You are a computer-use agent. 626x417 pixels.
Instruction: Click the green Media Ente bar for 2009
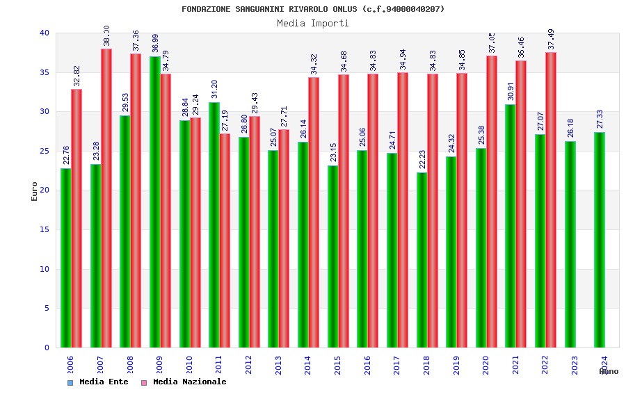pyautogui.click(x=154, y=202)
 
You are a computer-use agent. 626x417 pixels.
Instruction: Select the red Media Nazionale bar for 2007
pyautogui.click(x=106, y=198)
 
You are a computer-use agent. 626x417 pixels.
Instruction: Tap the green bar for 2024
pyautogui.click(x=600, y=240)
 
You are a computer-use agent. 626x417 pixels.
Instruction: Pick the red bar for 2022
pyautogui.click(x=551, y=200)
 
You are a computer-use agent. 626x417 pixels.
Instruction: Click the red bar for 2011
pyautogui.click(x=225, y=240)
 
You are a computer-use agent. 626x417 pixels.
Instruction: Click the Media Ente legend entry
pyautogui.click(x=98, y=382)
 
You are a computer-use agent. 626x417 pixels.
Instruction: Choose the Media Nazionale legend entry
pyautogui.click(x=184, y=382)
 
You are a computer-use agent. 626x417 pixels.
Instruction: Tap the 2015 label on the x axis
pyautogui.click(x=338, y=366)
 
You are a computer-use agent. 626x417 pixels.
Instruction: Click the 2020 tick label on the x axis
pyautogui.click(x=486, y=366)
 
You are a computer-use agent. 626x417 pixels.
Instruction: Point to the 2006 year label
pyautogui.click(x=71, y=366)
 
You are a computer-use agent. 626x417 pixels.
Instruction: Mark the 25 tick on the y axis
pyautogui.click(x=45, y=151)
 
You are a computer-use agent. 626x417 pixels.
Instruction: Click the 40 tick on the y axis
pyautogui.click(x=45, y=33)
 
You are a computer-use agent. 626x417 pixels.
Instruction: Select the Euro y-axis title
pyautogui.click(x=34, y=191)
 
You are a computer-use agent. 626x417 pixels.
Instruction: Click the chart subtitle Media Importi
pyautogui.click(x=313, y=23)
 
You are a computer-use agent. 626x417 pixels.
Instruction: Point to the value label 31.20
pyautogui.click(x=214, y=89)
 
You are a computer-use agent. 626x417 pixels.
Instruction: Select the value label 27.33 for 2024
pyautogui.click(x=600, y=119)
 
